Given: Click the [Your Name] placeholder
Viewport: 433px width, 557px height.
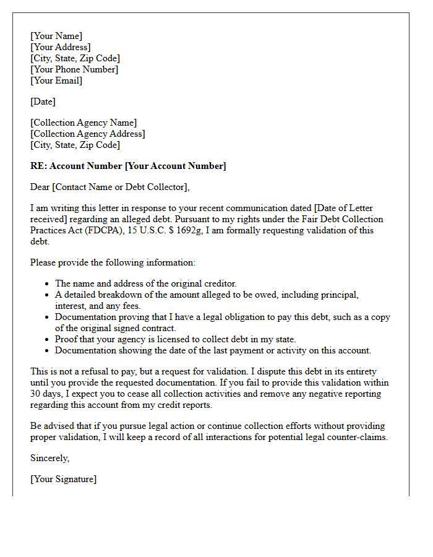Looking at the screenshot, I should (56, 36).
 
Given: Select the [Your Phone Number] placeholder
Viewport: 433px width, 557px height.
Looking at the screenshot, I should (74, 69).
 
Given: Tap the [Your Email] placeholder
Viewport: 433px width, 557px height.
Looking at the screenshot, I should (56, 80).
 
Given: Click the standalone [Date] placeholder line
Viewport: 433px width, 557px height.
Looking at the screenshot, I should (43, 101).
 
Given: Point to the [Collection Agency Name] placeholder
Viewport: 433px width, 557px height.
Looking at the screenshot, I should (84, 123).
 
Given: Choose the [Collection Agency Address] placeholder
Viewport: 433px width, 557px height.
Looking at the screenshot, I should (88, 134).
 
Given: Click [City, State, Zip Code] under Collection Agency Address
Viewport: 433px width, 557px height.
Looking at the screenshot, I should (75, 145).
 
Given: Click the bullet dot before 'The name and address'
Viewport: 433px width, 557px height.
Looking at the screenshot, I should (48, 283).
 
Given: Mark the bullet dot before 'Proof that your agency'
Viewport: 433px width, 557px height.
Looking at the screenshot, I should (48, 339).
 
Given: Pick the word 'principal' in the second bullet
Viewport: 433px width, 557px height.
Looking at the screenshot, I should (340, 295).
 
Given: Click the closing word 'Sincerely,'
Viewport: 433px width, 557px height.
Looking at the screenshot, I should (50, 458).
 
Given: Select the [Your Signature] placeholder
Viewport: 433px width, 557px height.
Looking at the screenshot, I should (64, 479).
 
